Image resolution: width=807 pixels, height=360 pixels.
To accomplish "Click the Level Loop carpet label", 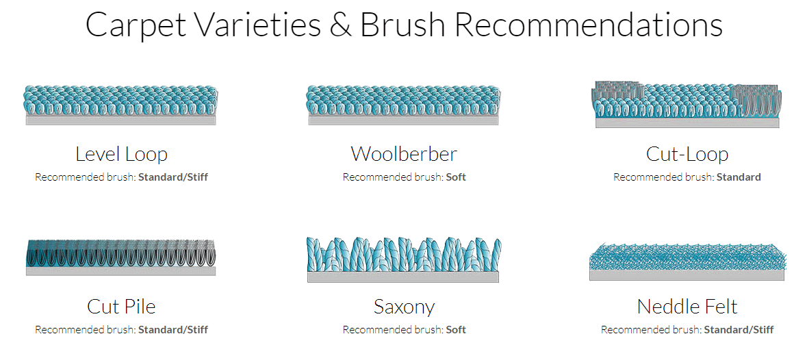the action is point(121,154).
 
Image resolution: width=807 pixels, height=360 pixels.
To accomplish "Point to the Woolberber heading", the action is point(404,154).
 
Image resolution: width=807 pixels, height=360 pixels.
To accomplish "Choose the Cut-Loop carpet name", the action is point(687,154).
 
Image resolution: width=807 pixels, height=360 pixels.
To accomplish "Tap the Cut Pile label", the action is point(121,307).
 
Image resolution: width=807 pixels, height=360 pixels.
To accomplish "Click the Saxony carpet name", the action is point(404,307).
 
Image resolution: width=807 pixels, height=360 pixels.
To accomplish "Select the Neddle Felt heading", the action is point(687,307).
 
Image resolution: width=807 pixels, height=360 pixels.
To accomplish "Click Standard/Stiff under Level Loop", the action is point(173,177).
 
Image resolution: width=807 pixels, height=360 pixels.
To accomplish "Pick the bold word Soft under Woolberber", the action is point(456,177).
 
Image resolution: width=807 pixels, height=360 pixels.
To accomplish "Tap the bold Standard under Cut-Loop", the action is point(739,177).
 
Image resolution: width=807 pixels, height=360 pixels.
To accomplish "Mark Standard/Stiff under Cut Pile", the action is point(173,330).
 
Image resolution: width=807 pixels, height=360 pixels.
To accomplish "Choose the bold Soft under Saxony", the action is point(456,330).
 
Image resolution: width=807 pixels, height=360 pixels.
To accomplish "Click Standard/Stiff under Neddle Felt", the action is point(739,330).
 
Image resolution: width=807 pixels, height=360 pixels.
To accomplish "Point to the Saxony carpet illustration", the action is point(404,259).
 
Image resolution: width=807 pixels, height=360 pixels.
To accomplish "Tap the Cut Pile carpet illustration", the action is point(121,257).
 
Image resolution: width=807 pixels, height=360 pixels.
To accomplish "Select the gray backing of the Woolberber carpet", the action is point(404,120).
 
